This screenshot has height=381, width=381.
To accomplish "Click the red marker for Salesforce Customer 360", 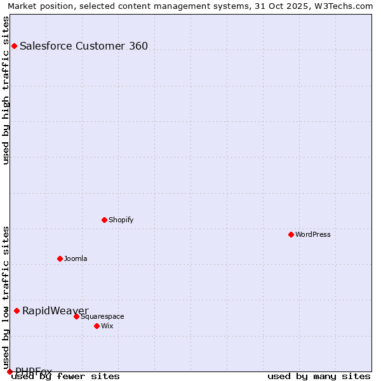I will point(14,46).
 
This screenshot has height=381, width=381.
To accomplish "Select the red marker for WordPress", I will point(291,234).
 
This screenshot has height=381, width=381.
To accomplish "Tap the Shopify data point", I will point(104,220).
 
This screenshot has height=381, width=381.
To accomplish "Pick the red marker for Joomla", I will point(60,258).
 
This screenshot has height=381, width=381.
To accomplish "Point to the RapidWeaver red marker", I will point(17,311).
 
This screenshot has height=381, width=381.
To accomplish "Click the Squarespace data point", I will point(76,316).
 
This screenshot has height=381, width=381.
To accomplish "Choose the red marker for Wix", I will point(97,326).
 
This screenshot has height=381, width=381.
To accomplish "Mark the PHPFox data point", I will point(10,371).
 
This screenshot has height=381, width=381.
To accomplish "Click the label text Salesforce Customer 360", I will point(84,46).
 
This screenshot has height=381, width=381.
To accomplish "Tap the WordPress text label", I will point(313,234).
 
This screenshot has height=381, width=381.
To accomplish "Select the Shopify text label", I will point(121,220).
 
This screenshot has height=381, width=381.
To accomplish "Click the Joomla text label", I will point(76,258).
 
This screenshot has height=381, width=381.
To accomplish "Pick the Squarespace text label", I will point(102,316).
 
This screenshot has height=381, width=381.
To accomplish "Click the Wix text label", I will point(107,326).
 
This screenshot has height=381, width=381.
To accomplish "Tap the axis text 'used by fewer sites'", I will point(66,376).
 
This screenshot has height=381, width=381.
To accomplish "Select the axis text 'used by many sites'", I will point(319,376).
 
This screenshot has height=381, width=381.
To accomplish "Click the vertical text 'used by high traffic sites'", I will point(6,90).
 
